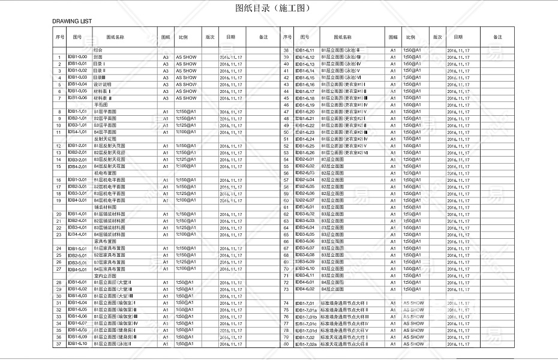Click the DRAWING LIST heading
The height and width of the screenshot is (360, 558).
click(72, 21)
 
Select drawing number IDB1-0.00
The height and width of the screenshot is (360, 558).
click(77, 57)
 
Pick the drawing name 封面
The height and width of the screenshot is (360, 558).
click(98, 57)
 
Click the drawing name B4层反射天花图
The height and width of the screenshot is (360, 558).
click(109, 166)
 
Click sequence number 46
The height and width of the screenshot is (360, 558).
click(286, 105)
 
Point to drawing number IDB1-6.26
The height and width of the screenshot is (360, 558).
click(305, 153)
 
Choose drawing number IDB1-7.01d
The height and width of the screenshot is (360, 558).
click(306, 331)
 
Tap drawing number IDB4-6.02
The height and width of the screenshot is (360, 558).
click(305, 289)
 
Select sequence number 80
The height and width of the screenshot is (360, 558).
click(286, 344)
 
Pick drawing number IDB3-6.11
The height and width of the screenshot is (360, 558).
click(305, 275)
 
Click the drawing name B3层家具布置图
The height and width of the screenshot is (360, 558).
click(109, 262)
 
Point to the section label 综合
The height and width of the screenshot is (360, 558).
click(98, 50)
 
